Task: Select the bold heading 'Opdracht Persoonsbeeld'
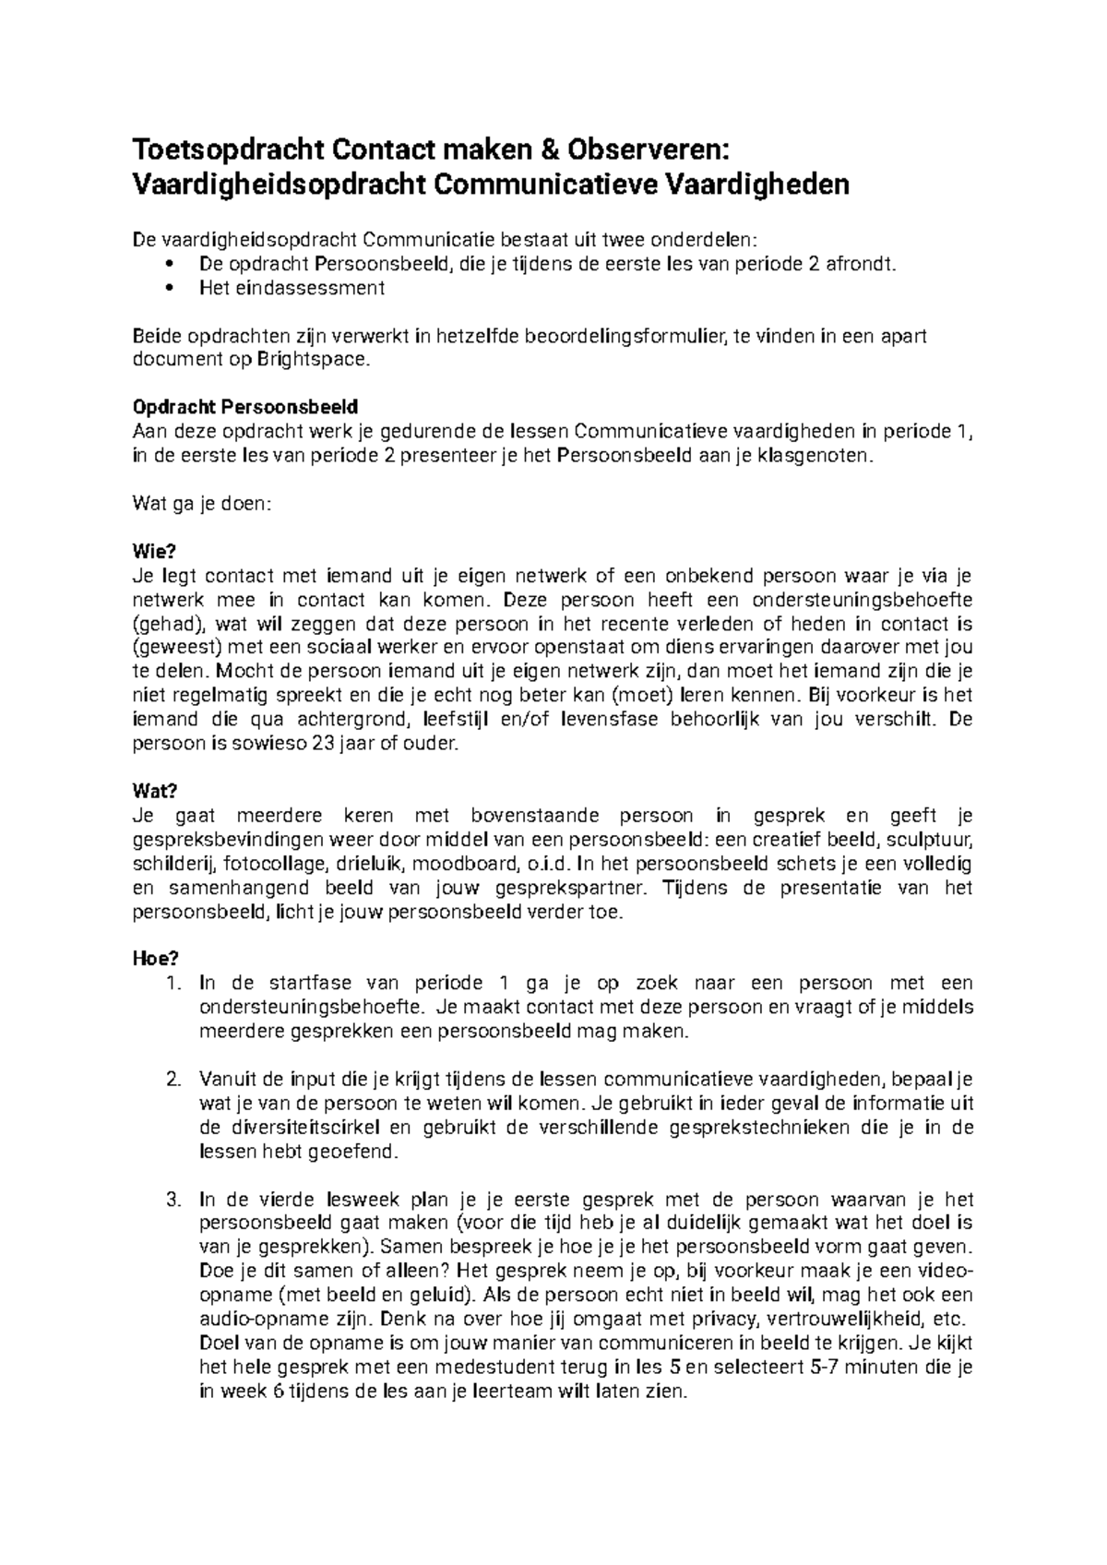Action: tap(244, 407)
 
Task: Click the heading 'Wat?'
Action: tap(154, 792)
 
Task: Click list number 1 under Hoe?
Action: tap(173, 984)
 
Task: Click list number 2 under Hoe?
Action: tap(173, 1080)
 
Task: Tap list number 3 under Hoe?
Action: tap(173, 1200)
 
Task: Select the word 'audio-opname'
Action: tap(250, 1320)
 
